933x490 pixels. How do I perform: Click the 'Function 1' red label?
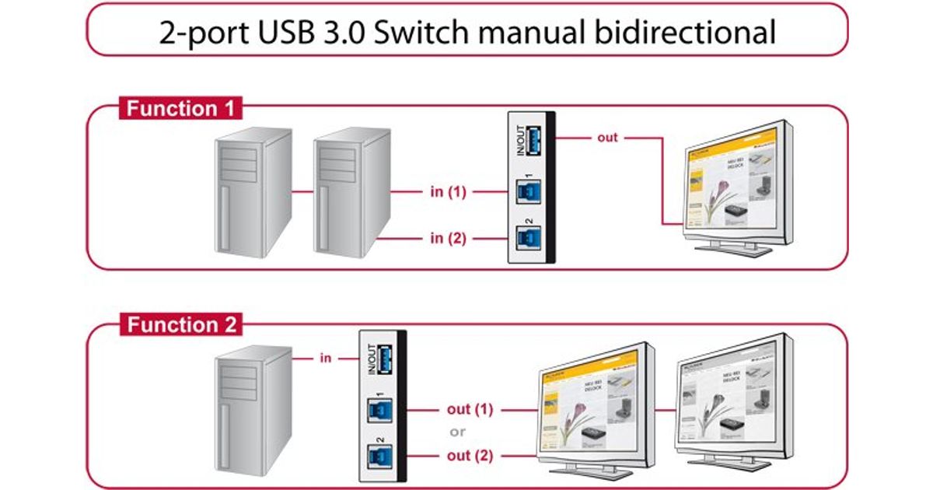pos(180,108)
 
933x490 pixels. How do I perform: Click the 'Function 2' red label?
pos(181,324)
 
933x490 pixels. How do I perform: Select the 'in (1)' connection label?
pos(448,191)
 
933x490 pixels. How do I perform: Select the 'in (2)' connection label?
pos(448,238)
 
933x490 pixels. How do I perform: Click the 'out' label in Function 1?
pos(607,138)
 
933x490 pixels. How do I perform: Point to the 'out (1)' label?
pos(470,409)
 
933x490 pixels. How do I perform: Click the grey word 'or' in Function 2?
pos(459,432)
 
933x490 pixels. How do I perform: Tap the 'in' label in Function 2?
pos(326,359)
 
